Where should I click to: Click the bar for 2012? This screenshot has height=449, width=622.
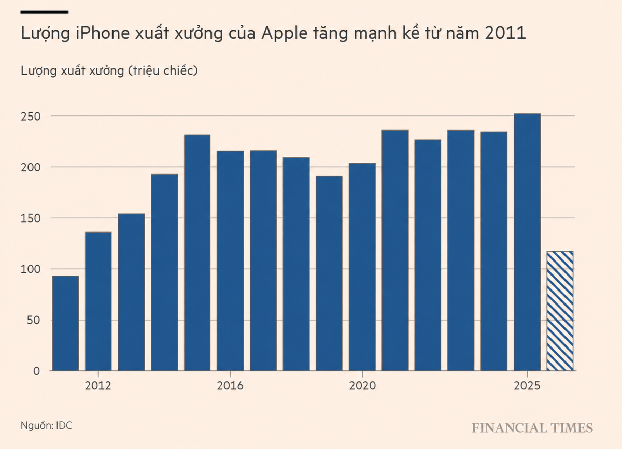point(98,301)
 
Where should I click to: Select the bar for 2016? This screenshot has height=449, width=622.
point(230,261)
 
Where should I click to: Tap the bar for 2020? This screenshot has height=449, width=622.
point(362,267)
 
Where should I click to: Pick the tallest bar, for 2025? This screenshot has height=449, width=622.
point(527,242)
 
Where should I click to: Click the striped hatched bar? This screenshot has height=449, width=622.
point(560,311)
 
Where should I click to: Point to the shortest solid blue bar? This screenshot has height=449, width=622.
point(65,323)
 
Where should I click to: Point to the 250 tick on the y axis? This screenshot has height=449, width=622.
point(31,117)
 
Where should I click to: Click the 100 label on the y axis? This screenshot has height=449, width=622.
point(31,269)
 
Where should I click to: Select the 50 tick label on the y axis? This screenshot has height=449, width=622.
point(34,320)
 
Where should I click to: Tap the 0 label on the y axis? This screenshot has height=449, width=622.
point(37,371)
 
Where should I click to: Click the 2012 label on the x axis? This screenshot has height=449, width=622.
point(98,386)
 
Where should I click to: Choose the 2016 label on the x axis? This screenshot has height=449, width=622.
point(230,386)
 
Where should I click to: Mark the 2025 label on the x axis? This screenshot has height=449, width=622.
point(527,386)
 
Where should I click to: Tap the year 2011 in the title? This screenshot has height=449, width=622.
point(505,33)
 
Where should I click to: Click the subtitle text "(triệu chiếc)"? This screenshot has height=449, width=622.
point(163,71)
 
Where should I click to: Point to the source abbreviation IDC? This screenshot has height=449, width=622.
point(64,425)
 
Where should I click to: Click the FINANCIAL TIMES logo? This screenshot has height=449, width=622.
point(532,428)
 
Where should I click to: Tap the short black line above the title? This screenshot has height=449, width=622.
point(45,12)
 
